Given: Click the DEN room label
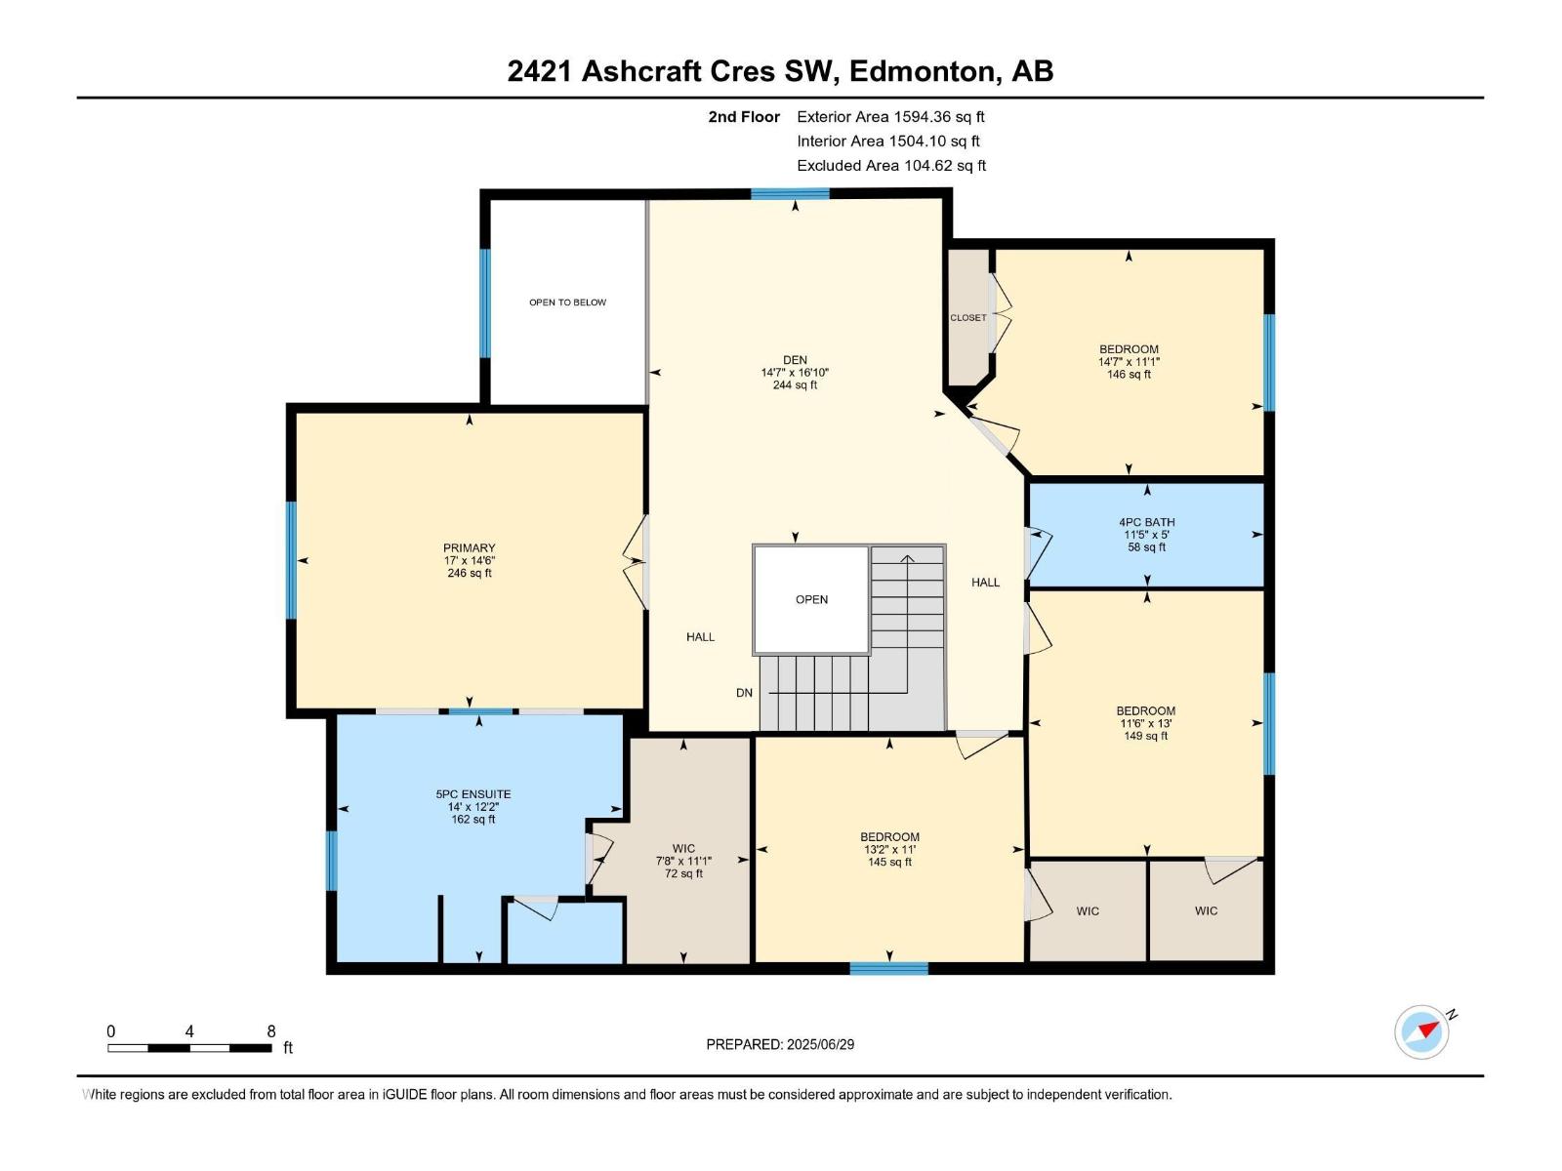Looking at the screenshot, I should [x=795, y=360].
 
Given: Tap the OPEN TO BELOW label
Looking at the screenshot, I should [x=567, y=303].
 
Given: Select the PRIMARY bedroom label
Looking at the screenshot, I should [x=469, y=548].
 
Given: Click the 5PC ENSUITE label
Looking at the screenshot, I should [x=473, y=794].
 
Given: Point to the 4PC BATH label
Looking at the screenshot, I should [x=1146, y=522].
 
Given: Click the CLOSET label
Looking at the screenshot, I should [x=968, y=318].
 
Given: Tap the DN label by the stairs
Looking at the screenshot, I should [x=744, y=693].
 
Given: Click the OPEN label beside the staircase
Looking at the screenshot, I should [x=811, y=599].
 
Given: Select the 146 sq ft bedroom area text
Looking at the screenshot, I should [x=1129, y=375].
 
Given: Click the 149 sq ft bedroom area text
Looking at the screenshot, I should [x=1145, y=736].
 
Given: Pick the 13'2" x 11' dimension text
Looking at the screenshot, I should [x=889, y=850].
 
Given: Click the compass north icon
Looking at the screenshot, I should [x=1422, y=1031].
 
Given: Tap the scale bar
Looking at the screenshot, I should [x=189, y=1048].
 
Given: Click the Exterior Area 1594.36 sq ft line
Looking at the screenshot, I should [x=890, y=117].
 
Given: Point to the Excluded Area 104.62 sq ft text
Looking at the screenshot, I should [x=890, y=166].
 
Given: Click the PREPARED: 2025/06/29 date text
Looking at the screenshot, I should [x=780, y=1044].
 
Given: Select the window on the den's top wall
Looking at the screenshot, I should [x=790, y=194].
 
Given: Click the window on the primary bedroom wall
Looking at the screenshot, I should [x=291, y=559].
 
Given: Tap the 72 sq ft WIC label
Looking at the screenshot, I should [x=683, y=873].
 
